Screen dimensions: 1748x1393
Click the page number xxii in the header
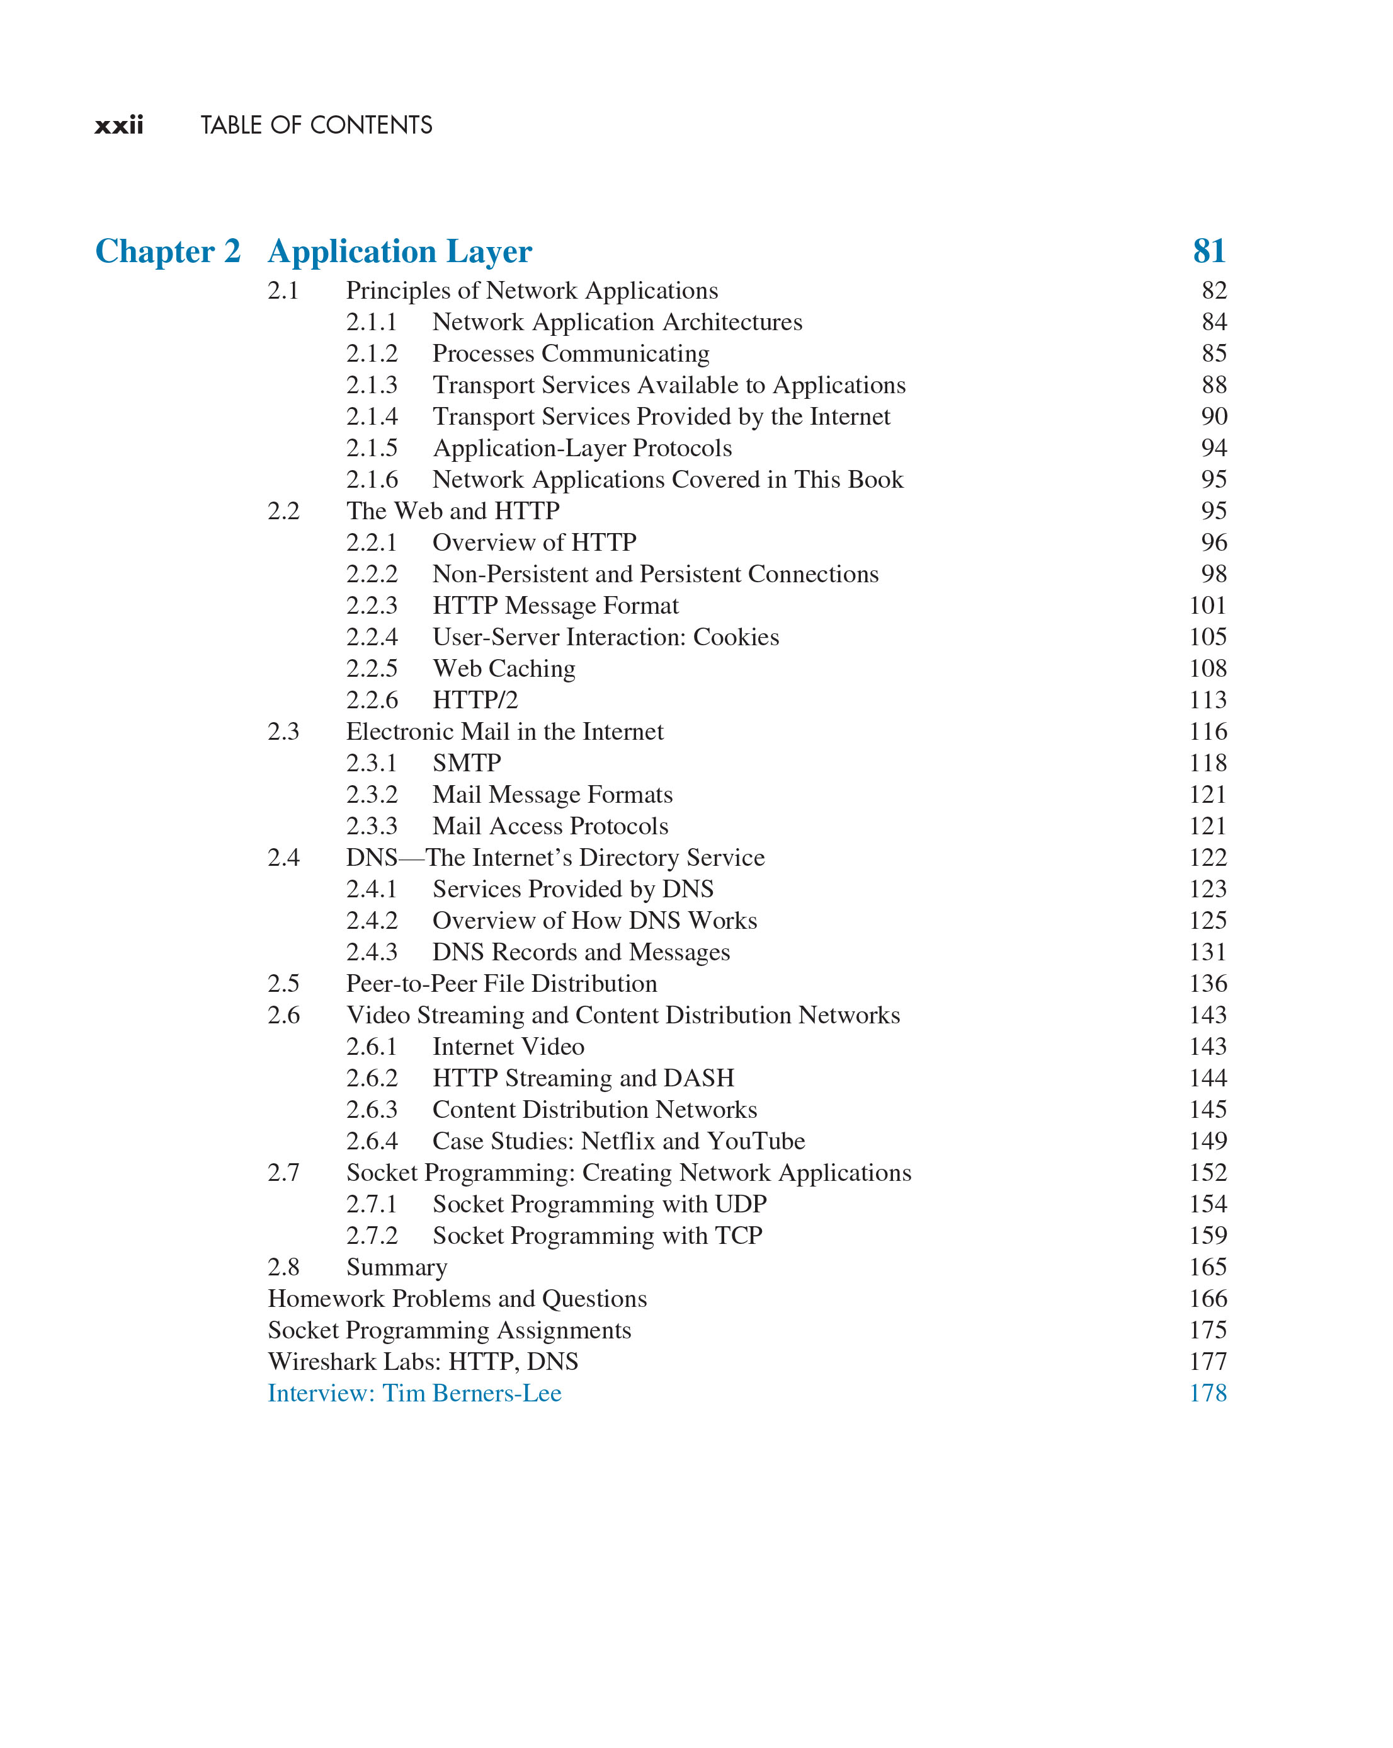118,125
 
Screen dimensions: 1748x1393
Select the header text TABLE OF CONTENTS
316,125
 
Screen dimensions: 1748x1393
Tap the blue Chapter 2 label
168,251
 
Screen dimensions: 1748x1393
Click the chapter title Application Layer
399,251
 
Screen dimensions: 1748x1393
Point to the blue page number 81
1208,251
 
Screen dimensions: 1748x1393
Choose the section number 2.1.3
372,385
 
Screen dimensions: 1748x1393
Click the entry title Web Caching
503,669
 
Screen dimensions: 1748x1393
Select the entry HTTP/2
475,701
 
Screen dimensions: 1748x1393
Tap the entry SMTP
467,763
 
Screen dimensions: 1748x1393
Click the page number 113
1207,701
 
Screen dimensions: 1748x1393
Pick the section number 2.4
283,858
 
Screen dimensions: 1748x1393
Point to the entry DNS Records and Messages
581,953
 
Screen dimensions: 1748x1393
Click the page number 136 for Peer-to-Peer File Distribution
1207,984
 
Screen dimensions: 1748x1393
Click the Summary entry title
396,1268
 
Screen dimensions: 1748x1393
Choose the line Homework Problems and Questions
457,1299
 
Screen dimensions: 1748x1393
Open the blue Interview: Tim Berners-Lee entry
414,1394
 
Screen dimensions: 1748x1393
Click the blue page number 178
1207,1394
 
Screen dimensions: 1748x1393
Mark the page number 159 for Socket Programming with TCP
1207,1236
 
